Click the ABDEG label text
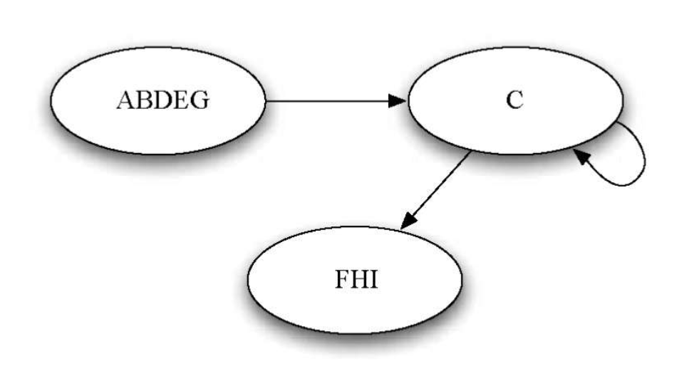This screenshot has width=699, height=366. pyautogui.click(x=162, y=100)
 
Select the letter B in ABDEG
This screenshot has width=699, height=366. pyautogui.click(x=143, y=100)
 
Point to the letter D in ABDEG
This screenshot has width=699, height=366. pyautogui.click(x=160, y=100)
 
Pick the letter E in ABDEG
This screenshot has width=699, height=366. pyautogui.click(x=179, y=100)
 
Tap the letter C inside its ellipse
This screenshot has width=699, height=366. pyautogui.click(x=514, y=100)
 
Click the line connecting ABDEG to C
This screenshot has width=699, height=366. pyautogui.click(x=328, y=101)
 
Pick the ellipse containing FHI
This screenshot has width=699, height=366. pyautogui.click(x=355, y=310)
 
